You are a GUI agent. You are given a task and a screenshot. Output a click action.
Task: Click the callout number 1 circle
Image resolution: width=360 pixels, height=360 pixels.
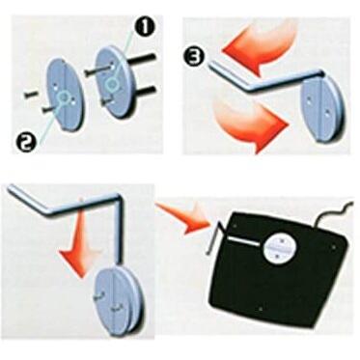pos(144,27)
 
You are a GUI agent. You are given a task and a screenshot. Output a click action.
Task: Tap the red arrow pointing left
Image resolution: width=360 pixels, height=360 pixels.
pos(258,48)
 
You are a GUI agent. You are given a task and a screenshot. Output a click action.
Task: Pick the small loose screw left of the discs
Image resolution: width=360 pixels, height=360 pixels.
pos(30,95)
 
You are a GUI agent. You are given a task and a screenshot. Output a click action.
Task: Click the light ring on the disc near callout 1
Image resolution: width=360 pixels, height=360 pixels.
pos(113,84)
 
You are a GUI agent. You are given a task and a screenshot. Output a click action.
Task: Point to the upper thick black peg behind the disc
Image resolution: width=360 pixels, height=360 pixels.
pos(142,60)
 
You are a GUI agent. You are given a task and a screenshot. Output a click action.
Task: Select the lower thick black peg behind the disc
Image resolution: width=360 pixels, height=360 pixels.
pos(143,91)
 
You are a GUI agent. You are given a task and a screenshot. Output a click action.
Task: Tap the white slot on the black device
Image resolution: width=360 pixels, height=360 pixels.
pos(244,241)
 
